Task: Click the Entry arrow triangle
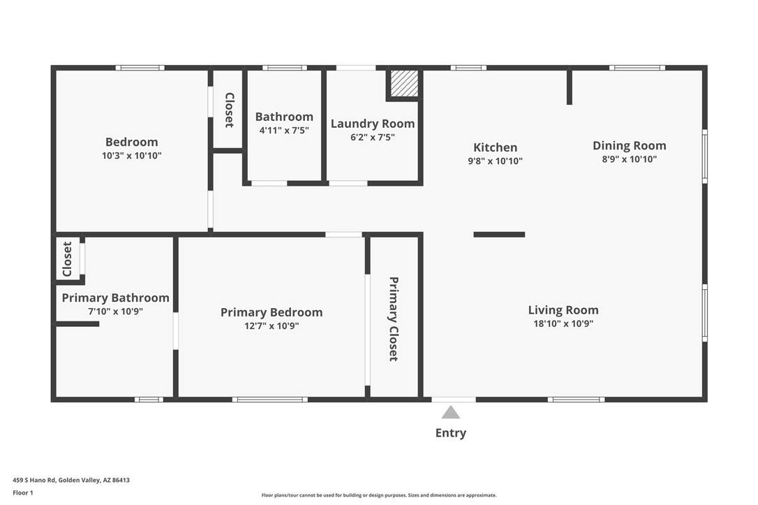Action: pyautogui.click(x=451, y=413)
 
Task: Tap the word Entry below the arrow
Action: pyautogui.click(x=451, y=433)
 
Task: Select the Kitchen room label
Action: pyautogui.click(x=495, y=147)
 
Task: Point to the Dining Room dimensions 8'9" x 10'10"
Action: pyautogui.click(x=630, y=159)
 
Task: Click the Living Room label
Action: pyautogui.click(x=563, y=310)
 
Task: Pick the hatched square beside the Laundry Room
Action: pyautogui.click(x=405, y=83)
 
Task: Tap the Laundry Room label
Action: pyautogui.click(x=373, y=124)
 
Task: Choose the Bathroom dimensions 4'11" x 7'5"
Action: pyautogui.click(x=284, y=130)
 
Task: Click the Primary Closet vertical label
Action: pyautogui.click(x=394, y=319)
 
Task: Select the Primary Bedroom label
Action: pyautogui.click(x=272, y=312)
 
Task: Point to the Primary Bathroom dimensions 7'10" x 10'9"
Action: pyautogui.click(x=116, y=311)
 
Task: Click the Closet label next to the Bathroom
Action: pyautogui.click(x=229, y=110)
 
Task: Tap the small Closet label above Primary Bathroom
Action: pyautogui.click(x=67, y=259)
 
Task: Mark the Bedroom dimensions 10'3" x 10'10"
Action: pyautogui.click(x=131, y=156)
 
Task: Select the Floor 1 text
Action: pyautogui.click(x=23, y=493)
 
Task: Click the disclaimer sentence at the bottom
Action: pyautogui.click(x=379, y=495)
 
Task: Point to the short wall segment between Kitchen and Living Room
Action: pyautogui.click(x=499, y=235)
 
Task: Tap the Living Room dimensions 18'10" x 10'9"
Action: pyautogui.click(x=563, y=323)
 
